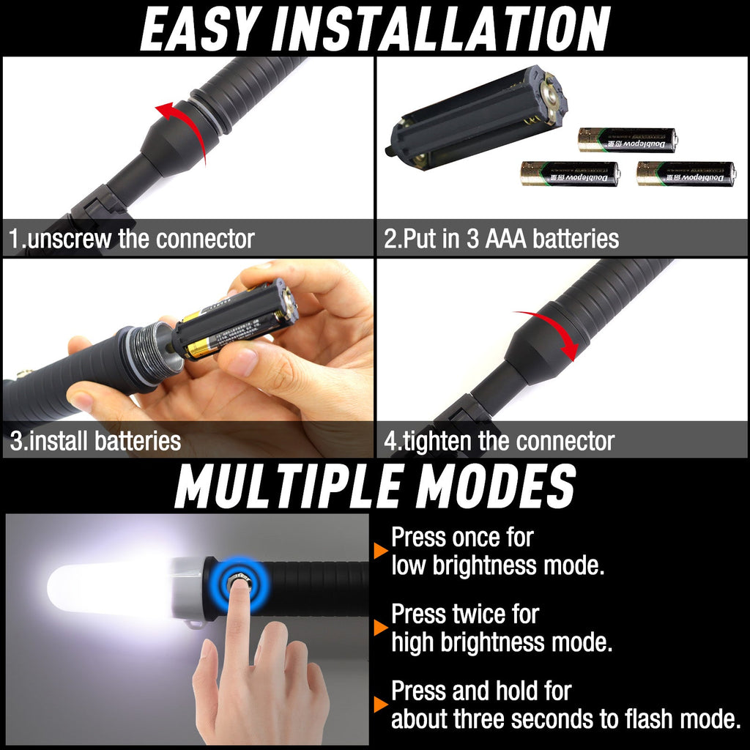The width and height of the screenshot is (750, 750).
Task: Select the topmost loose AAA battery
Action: click(x=627, y=139)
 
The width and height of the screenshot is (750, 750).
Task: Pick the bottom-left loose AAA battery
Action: click(x=570, y=174)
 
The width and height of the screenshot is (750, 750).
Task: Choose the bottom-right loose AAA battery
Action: click(x=686, y=174)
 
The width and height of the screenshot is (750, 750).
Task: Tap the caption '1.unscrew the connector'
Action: click(x=132, y=239)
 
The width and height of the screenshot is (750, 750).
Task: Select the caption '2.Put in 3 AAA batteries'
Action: click(x=502, y=239)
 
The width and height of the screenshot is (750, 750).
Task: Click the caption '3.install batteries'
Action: click(x=95, y=441)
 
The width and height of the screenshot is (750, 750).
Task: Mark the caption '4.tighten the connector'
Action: click(x=499, y=441)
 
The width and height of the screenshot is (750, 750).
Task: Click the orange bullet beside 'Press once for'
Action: click(x=380, y=551)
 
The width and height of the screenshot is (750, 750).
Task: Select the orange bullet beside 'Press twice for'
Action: click(x=380, y=628)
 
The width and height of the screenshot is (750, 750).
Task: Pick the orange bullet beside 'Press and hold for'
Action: click(x=380, y=705)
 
